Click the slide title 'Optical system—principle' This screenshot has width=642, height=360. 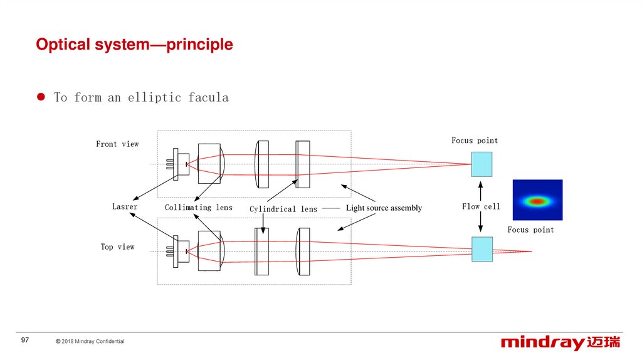[x=134, y=45]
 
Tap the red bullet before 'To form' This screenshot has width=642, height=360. [x=41, y=97]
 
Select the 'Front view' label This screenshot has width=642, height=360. [x=117, y=144]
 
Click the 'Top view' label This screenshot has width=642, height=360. [x=117, y=247]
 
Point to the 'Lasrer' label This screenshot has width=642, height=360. [x=125, y=207]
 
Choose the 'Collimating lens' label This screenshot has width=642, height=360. [x=198, y=208]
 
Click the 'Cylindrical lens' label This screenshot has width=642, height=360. [x=283, y=209]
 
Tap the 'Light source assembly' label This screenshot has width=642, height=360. [x=384, y=208]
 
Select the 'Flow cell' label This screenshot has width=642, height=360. [x=481, y=207]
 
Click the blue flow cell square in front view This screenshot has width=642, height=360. [x=481, y=164]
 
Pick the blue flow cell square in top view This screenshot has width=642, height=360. [x=481, y=249]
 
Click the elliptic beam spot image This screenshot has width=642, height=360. [x=537, y=200]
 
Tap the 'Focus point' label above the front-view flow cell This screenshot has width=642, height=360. [x=475, y=140]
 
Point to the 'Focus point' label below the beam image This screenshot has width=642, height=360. [x=530, y=230]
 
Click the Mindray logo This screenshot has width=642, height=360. [x=560, y=342]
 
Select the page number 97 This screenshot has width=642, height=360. [x=25, y=340]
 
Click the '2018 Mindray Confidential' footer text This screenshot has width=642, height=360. [x=90, y=341]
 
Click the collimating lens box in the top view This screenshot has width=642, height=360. [x=209, y=251]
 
